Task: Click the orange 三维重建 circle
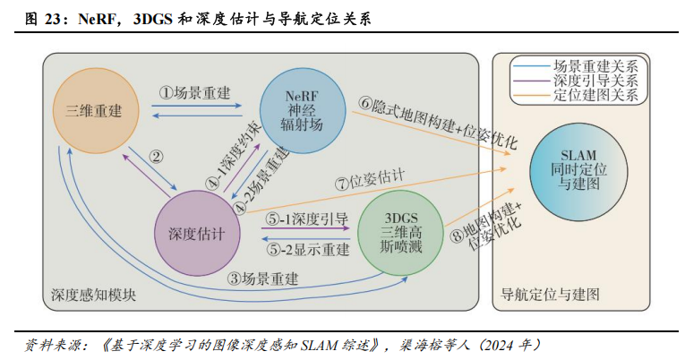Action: (x=94, y=111)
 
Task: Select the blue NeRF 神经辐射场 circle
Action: (x=302, y=109)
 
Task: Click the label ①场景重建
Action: (x=195, y=92)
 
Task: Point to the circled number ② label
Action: (x=157, y=156)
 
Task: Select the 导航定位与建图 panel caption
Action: (x=549, y=294)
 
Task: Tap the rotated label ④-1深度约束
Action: (x=229, y=156)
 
